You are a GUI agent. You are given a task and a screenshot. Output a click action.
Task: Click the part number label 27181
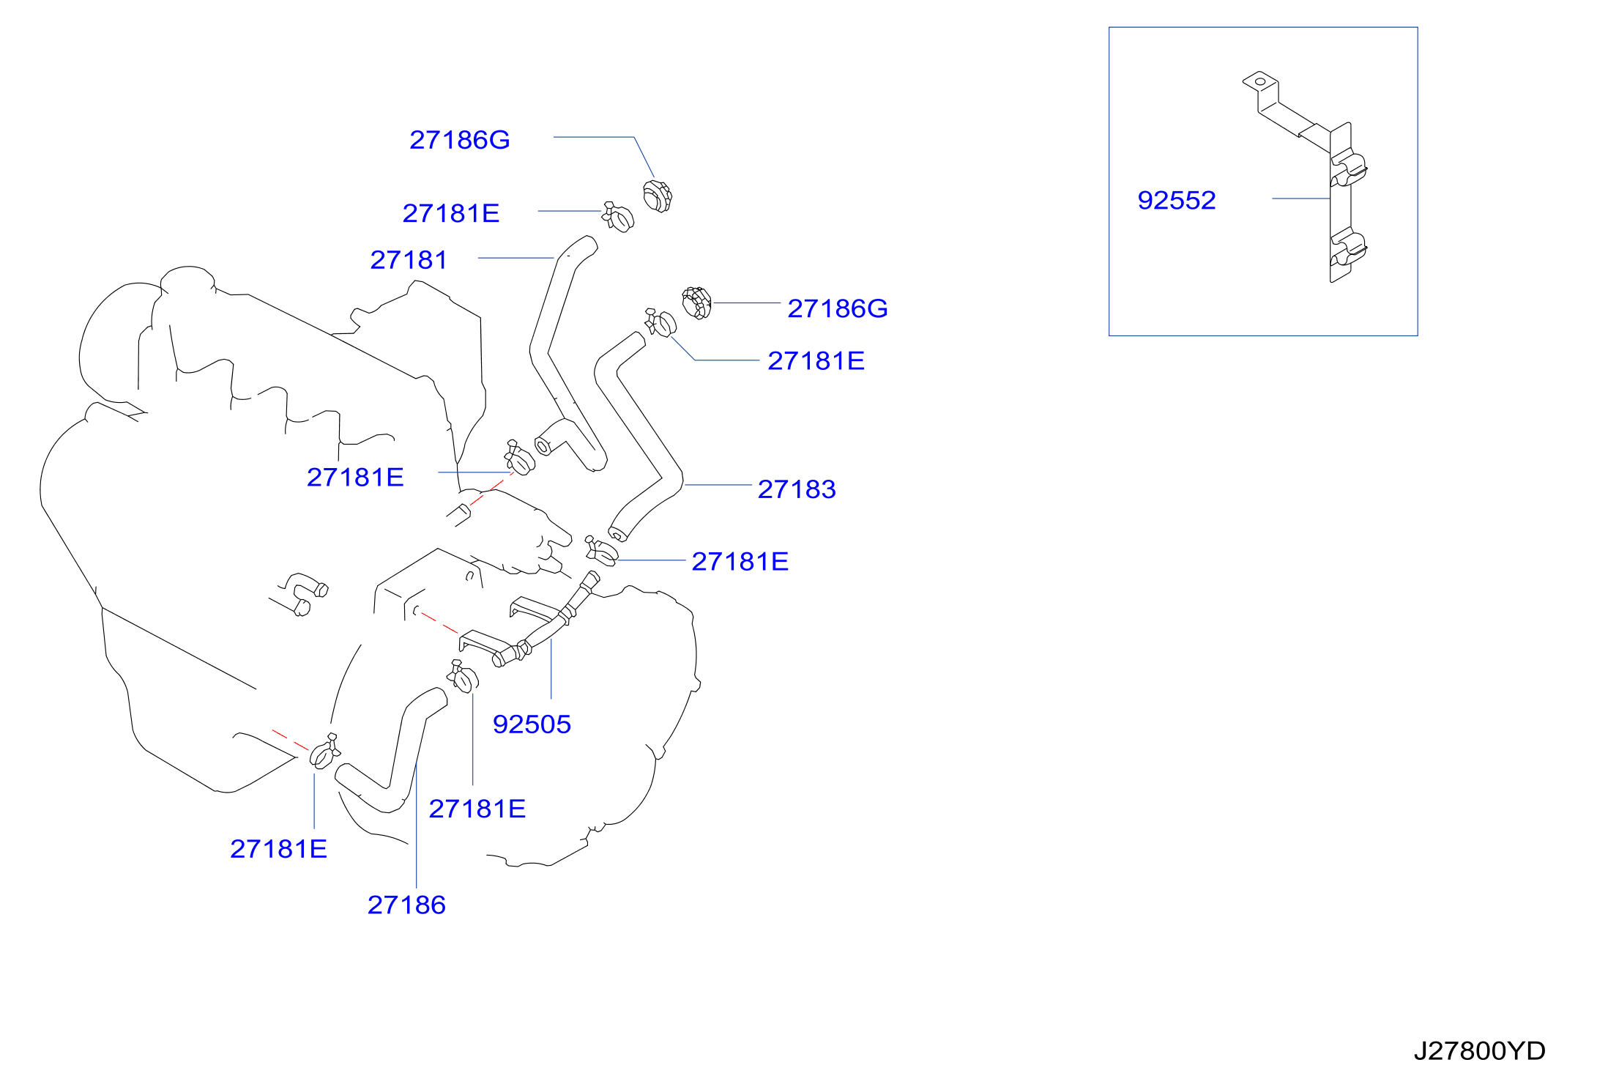409,260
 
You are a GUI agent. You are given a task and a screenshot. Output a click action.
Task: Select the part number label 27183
797,489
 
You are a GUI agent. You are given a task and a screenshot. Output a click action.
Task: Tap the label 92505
532,724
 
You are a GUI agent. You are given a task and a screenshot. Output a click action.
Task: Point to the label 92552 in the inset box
1177,201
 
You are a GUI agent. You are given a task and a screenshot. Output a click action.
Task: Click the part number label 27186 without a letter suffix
406,905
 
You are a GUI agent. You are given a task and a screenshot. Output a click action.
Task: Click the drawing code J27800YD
1479,1051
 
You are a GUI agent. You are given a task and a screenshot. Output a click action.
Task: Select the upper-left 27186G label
460,140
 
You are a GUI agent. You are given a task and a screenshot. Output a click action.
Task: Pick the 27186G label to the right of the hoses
838,309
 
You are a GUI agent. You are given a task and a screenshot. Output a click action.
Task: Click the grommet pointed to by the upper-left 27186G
657,196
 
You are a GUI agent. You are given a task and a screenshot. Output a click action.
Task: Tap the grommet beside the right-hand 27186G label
696,303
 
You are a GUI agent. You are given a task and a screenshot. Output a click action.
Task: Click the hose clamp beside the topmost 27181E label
618,217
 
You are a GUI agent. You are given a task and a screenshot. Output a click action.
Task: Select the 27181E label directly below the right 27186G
816,361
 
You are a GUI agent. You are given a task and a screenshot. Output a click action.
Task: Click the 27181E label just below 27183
740,562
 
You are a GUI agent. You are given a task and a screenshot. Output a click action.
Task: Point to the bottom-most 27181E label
278,849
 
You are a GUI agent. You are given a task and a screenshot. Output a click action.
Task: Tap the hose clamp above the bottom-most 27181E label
324,752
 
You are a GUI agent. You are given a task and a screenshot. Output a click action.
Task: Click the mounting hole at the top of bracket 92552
1260,81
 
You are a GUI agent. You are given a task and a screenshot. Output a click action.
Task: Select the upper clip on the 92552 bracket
1348,168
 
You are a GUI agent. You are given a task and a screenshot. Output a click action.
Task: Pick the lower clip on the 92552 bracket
1348,247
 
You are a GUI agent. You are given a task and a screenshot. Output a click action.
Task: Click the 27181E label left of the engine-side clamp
355,478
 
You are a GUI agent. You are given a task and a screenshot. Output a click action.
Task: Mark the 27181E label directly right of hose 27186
477,809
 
